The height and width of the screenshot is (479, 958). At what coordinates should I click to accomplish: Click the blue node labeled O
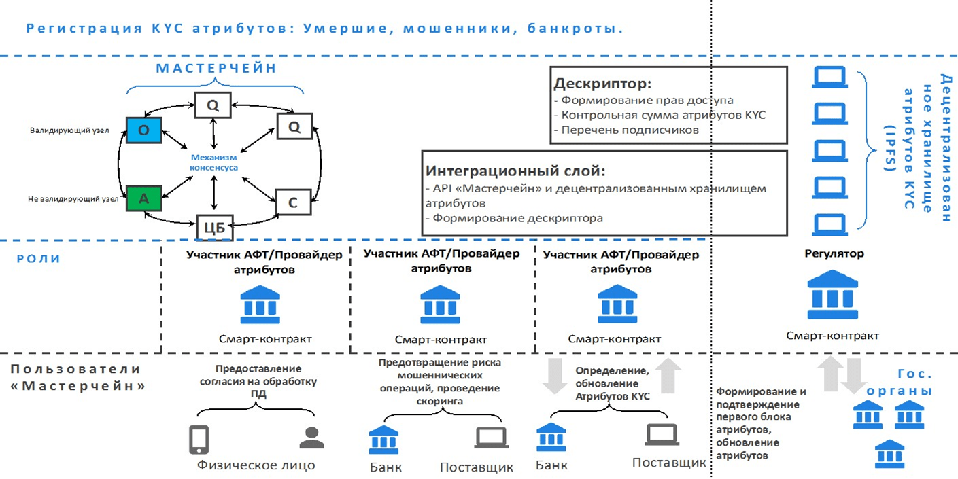tap(143, 130)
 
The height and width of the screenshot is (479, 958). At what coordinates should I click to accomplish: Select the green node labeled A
tap(143, 198)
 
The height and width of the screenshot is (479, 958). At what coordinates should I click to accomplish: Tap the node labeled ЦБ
tap(215, 228)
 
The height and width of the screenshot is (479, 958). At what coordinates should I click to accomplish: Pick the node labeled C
tap(293, 202)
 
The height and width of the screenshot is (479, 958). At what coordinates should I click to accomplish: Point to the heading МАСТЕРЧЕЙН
tap(216, 69)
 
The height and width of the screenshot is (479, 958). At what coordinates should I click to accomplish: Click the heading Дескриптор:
tap(602, 84)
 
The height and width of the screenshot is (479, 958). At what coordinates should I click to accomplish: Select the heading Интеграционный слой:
tap(515, 171)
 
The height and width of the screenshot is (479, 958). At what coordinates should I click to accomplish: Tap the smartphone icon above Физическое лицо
tap(199, 439)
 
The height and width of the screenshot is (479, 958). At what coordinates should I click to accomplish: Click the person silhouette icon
tap(311, 438)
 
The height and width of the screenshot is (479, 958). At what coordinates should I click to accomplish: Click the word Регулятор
tap(834, 254)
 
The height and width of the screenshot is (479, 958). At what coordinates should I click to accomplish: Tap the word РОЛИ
tap(39, 259)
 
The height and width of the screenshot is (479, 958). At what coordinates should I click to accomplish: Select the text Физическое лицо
tap(256, 465)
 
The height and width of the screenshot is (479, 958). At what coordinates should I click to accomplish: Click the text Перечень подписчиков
tap(630, 130)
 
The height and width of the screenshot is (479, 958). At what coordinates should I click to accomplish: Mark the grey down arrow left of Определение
tap(555, 378)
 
